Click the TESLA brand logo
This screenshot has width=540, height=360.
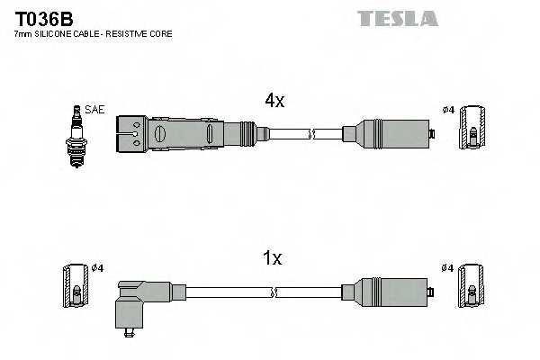(x=397, y=18)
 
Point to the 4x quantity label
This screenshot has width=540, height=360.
(x=274, y=102)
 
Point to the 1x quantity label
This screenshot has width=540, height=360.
(x=273, y=259)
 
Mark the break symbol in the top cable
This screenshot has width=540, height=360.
(x=310, y=134)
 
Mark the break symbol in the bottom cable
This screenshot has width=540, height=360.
(x=273, y=292)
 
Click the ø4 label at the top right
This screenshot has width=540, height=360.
(x=447, y=110)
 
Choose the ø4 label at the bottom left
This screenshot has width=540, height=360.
(x=97, y=267)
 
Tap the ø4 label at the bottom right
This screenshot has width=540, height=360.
(x=447, y=267)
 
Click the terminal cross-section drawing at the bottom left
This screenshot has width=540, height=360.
(x=74, y=286)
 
